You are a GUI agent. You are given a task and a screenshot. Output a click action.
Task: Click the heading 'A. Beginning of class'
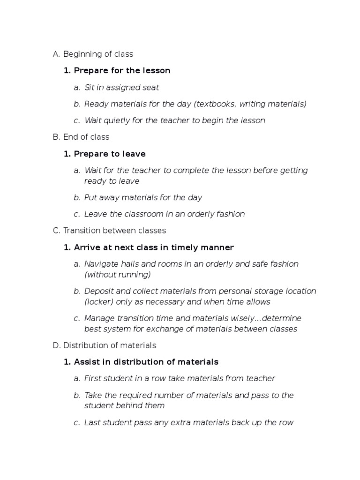[93, 54]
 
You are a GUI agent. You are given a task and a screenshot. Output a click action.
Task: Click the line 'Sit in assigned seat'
[122, 87]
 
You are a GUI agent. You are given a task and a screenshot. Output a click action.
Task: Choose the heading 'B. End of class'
[81, 137]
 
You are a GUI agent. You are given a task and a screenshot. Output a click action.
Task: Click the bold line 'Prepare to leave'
[110, 154]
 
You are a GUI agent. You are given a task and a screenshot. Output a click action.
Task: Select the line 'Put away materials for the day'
[143, 197]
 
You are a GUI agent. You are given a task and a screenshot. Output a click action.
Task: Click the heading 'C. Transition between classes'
[110, 231]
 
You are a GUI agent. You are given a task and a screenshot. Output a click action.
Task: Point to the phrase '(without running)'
[117, 274]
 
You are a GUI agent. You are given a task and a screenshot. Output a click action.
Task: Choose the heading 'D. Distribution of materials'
[105, 345]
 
